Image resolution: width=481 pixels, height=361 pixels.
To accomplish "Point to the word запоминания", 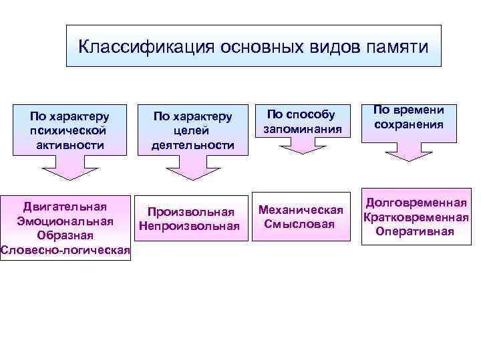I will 303,128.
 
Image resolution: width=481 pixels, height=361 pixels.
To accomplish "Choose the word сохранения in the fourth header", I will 409,124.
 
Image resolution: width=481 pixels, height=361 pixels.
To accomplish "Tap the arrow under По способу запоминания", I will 303,146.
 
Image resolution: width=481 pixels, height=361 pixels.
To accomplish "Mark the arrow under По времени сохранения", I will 409,154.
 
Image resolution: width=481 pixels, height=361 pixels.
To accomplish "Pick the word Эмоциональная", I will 65,221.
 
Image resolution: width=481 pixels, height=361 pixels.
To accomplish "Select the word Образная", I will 65,235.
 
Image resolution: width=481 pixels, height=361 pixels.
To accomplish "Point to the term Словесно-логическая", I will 65,250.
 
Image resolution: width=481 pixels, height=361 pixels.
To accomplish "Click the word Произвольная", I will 191,212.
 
